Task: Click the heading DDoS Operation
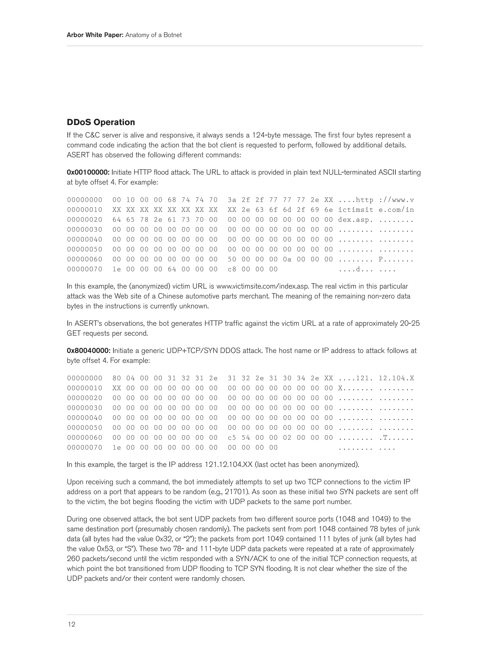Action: tap(101, 122)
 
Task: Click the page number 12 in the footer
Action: tap(71, 624)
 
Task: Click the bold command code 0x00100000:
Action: tap(88, 172)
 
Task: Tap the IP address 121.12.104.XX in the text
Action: tap(228, 465)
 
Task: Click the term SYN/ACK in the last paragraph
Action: tap(249, 559)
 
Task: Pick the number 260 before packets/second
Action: tap(73, 559)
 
